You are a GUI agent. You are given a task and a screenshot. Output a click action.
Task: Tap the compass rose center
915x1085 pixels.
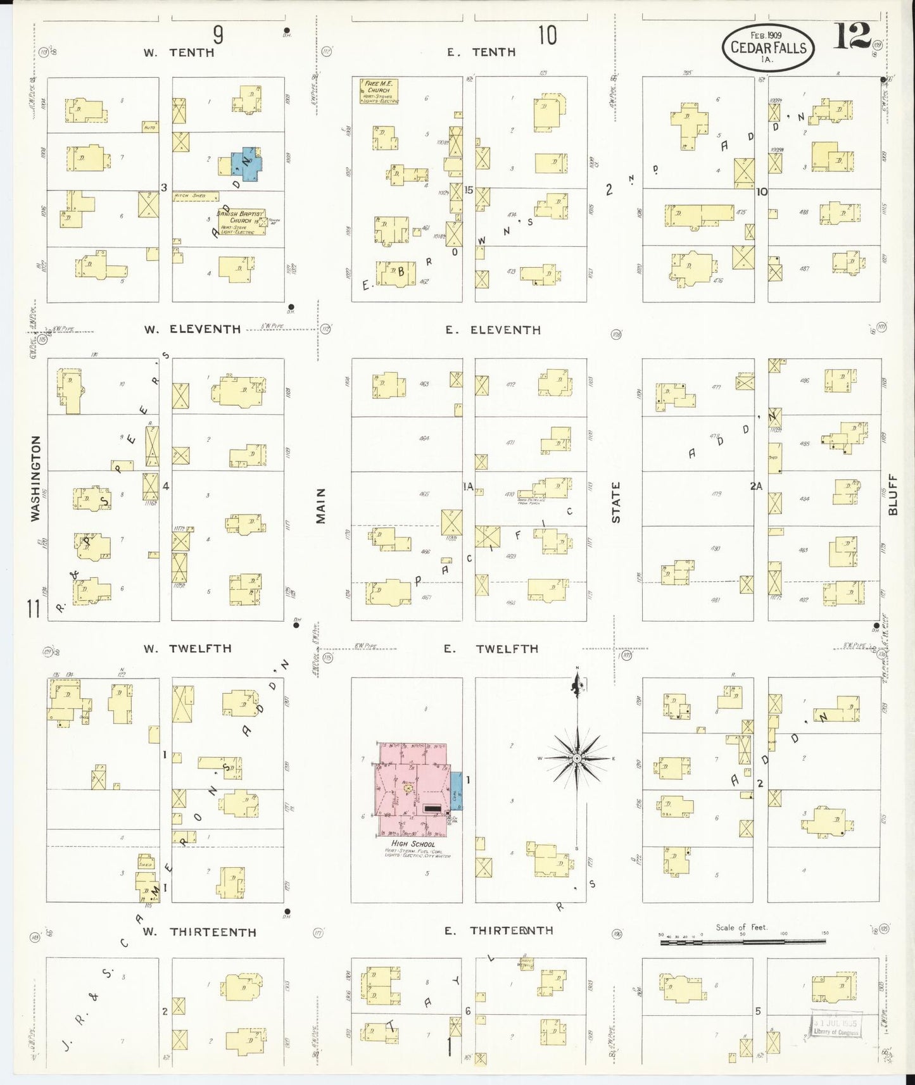point(577,758)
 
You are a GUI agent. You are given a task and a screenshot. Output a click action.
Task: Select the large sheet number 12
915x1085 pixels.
point(852,36)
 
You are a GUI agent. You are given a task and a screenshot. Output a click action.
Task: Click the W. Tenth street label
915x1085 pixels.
point(179,53)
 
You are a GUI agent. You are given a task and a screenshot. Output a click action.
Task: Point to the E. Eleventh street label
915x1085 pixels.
point(493,330)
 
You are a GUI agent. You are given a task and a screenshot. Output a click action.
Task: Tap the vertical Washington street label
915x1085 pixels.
point(35,478)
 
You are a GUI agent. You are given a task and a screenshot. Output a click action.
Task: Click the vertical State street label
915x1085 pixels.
point(615,502)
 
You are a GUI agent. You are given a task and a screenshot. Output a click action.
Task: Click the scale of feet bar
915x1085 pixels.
point(742,942)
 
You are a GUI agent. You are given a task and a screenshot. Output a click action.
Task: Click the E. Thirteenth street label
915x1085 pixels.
point(499,931)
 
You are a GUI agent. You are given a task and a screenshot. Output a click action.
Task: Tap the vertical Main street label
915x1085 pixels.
point(320,505)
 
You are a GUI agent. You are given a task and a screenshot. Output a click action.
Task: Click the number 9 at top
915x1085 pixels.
point(218,35)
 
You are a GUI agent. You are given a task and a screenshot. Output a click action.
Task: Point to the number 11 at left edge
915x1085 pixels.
point(34,609)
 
